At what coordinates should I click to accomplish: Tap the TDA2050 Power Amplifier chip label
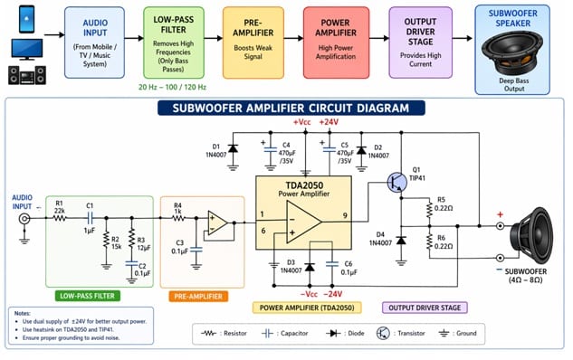click(x=303, y=187)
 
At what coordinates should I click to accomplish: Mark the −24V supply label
click(x=333, y=293)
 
